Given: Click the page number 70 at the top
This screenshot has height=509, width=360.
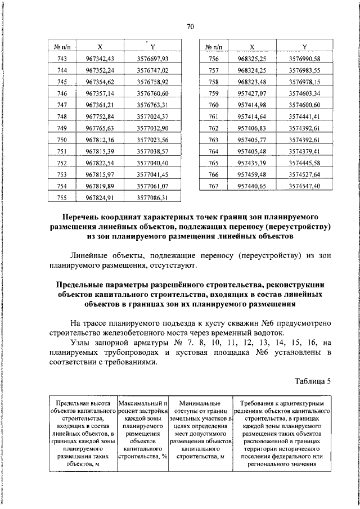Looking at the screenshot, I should pos(190,26).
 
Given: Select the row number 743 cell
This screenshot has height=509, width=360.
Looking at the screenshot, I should pos(62,58).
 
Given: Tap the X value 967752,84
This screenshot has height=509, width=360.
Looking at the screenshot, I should pos(100,116).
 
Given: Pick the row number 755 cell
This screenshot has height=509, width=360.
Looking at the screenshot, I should pos(62,197).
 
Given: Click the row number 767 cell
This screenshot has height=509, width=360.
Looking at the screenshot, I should pos(213,186).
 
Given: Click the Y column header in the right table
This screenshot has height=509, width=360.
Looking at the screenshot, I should pos(304,47).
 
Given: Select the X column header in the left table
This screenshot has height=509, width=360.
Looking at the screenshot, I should pos(100,47).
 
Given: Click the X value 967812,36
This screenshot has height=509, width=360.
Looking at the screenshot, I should pos(100,139).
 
